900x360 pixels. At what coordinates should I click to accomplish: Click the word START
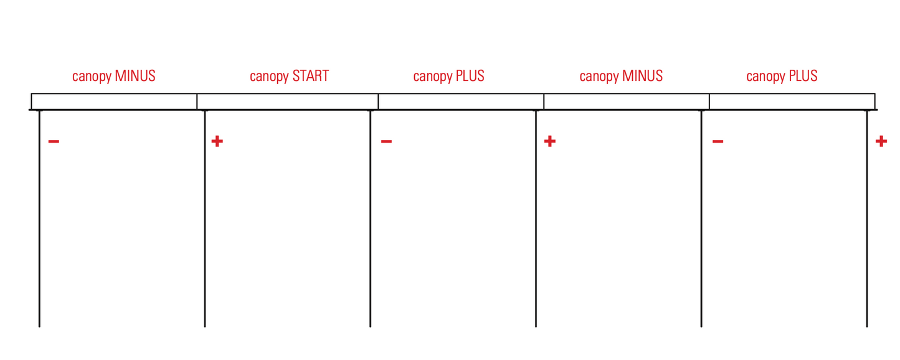(x=311, y=76)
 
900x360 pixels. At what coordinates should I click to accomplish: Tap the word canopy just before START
(x=269, y=77)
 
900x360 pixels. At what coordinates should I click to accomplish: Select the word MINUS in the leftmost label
(x=135, y=76)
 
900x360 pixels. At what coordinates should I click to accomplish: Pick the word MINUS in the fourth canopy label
(x=642, y=76)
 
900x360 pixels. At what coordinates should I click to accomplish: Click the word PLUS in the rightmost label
(x=803, y=76)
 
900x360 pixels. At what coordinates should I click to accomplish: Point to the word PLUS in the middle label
(x=470, y=76)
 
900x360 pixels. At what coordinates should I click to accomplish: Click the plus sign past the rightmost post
(x=881, y=141)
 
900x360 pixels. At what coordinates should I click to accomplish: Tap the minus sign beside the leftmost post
(x=54, y=141)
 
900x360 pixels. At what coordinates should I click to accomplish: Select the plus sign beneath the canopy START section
(x=217, y=141)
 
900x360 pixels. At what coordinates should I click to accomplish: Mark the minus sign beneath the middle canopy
(x=387, y=141)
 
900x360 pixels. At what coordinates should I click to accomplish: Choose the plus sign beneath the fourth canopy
(x=549, y=141)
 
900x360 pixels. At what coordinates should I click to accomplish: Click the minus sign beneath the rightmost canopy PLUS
(x=718, y=141)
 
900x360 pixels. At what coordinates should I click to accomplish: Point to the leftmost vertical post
(x=39, y=219)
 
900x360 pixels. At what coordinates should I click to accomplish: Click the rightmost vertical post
(x=867, y=219)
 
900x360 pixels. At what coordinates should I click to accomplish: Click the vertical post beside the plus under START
(x=205, y=219)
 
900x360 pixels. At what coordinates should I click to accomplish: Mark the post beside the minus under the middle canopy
(x=371, y=219)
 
